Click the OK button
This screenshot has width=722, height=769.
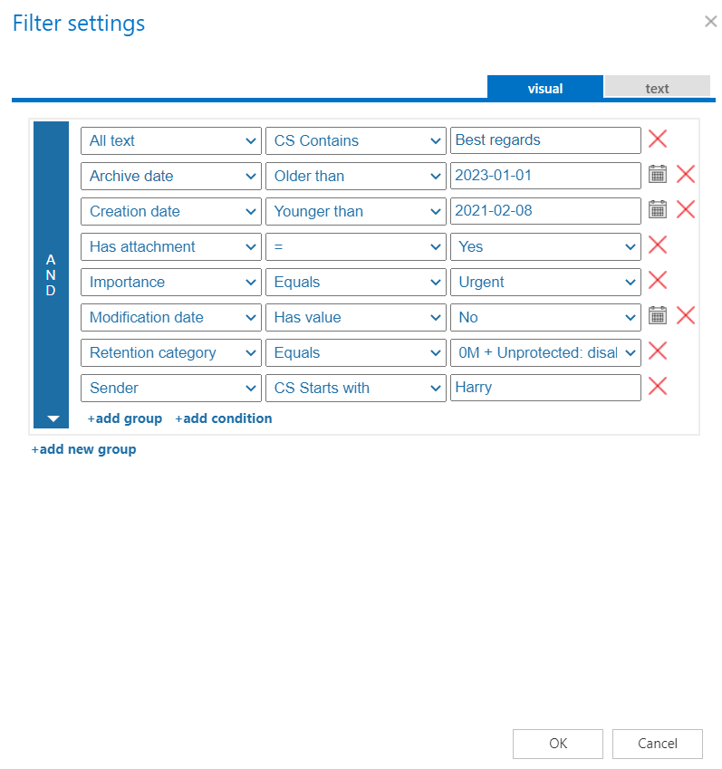pos(557,744)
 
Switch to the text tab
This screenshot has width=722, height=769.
pos(657,88)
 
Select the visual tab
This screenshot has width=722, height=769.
pos(544,88)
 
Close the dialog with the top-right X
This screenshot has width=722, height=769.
pos(711,21)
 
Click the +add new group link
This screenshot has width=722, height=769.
pos(83,449)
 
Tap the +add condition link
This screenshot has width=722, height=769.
pos(223,418)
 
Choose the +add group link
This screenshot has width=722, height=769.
pos(125,418)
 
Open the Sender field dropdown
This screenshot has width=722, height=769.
pos(171,388)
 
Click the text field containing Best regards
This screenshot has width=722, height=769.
pos(545,140)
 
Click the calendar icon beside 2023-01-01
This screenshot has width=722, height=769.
pos(658,175)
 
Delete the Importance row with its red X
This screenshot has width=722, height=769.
pos(658,281)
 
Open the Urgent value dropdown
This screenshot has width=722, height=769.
pos(545,282)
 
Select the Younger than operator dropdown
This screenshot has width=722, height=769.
pos(355,211)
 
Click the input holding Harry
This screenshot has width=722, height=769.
pos(545,388)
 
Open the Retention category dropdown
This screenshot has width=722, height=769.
pos(171,352)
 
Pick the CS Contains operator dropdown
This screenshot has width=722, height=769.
pos(355,140)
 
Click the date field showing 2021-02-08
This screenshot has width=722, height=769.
pos(545,211)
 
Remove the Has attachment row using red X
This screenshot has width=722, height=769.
pos(658,245)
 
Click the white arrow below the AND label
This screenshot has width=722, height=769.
pos(53,418)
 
